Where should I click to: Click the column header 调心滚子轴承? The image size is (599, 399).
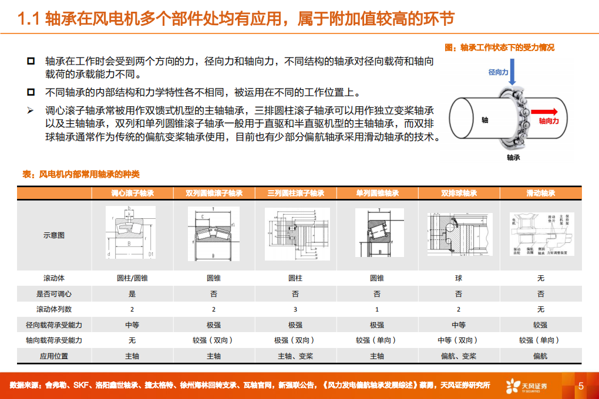(x=132, y=193)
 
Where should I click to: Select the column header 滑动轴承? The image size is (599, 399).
(x=541, y=193)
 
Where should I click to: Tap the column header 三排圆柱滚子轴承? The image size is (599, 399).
(x=295, y=193)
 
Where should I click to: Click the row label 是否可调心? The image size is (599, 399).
(x=54, y=294)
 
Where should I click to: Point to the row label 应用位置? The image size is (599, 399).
(x=54, y=356)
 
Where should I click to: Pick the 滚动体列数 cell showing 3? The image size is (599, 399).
(x=295, y=309)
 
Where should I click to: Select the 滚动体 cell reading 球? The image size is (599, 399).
(x=459, y=278)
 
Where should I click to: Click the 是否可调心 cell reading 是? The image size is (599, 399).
(x=132, y=294)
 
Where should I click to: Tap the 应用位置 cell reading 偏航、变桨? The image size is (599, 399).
(x=459, y=356)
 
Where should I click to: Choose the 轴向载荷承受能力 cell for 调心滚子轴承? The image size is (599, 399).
(x=132, y=340)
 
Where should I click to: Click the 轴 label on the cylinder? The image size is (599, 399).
(x=484, y=120)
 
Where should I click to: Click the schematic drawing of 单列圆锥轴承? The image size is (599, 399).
(x=377, y=233)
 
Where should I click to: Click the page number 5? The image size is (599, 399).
(x=581, y=386)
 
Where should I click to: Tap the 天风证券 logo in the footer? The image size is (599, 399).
(x=527, y=386)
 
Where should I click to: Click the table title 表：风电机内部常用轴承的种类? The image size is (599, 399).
(x=80, y=174)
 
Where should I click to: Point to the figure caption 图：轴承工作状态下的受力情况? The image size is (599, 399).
(x=500, y=48)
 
